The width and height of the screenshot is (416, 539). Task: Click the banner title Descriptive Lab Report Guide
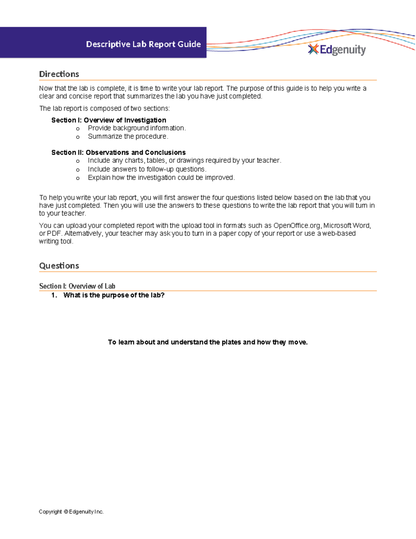pyautogui.click(x=143, y=44)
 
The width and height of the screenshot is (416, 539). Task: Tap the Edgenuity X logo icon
pyautogui.click(x=313, y=49)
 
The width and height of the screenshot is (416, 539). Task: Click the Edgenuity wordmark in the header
pyautogui.click(x=343, y=50)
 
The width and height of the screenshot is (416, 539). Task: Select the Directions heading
pyautogui.click(x=59, y=74)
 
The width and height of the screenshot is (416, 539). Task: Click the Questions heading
pyautogui.click(x=59, y=266)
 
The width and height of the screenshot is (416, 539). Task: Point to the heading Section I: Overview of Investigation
pyautogui.click(x=109, y=120)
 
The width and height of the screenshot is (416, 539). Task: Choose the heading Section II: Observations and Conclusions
pyautogui.click(x=118, y=152)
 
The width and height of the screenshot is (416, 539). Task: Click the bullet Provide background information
pyautogui.click(x=137, y=128)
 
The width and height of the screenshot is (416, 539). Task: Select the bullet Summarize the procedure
pyautogui.click(x=128, y=136)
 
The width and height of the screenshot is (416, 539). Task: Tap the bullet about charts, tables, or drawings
pyautogui.click(x=184, y=160)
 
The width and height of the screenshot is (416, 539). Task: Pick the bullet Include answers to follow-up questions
pyautogui.click(x=147, y=169)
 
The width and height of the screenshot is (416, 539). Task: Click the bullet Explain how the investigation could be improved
pyautogui.click(x=161, y=177)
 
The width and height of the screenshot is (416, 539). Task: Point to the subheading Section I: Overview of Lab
pyautogui.click(x=77, y=286)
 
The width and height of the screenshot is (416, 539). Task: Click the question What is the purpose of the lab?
pyautogui.click(x=114, y=295)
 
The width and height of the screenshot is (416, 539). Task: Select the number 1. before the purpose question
pyautogui.click(x=54, y=295)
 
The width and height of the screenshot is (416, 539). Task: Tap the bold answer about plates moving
pyautogui.click(x=208, y=342)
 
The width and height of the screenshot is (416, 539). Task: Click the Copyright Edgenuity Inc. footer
pyautogui.click(x=71, y=512)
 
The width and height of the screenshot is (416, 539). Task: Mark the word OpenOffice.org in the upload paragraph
pyautogui.click(x=297, y=226)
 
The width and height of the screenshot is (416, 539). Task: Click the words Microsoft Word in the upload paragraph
pyautogui.click(x=347, y=226)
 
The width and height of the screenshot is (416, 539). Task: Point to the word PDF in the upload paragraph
pyautogui.click(x=54, y=233)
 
